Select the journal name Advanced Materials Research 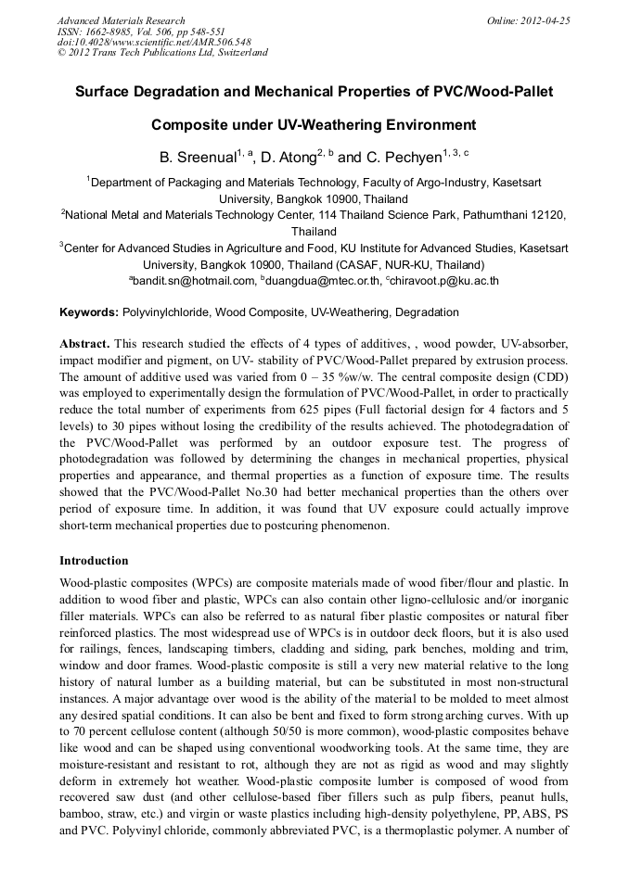(x=121, y=20)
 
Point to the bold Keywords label (x=89, y=312)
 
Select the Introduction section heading (x=94, y=561)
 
